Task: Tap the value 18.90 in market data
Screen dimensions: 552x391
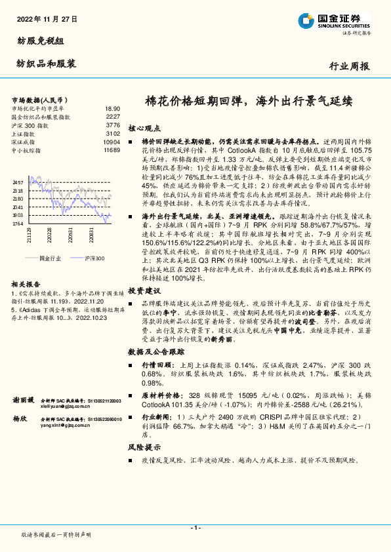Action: click(x=112, y=108)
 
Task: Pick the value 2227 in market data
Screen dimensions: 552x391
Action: click(x=113, y=116)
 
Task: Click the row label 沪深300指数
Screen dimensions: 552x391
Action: click(x=30, y=125)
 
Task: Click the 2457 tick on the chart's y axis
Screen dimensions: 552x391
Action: click(x=18, y=182)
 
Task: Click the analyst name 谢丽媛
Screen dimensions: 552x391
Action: click(x=24, y=399)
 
